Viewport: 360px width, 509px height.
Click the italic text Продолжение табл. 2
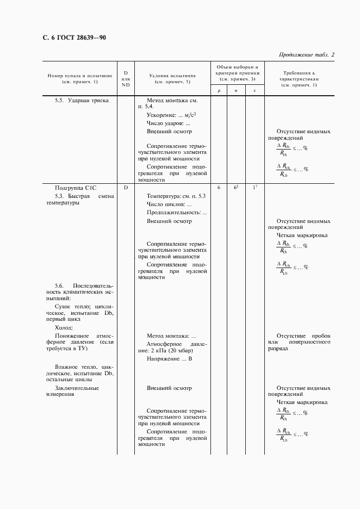(306, 54)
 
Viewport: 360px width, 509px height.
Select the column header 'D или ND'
(126, 78)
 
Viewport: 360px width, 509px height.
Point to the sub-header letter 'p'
(219, 91)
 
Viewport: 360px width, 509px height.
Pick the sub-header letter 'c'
(255, 91)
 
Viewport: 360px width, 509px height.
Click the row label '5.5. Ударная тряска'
(82, 101)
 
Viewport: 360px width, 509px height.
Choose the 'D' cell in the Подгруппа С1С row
(126, 187)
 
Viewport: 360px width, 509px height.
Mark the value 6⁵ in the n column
(236, 187)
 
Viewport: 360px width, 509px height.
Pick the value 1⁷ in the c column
(255, 187)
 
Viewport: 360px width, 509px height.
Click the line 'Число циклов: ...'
(169, 203)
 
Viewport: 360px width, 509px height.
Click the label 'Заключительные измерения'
(76, 392)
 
